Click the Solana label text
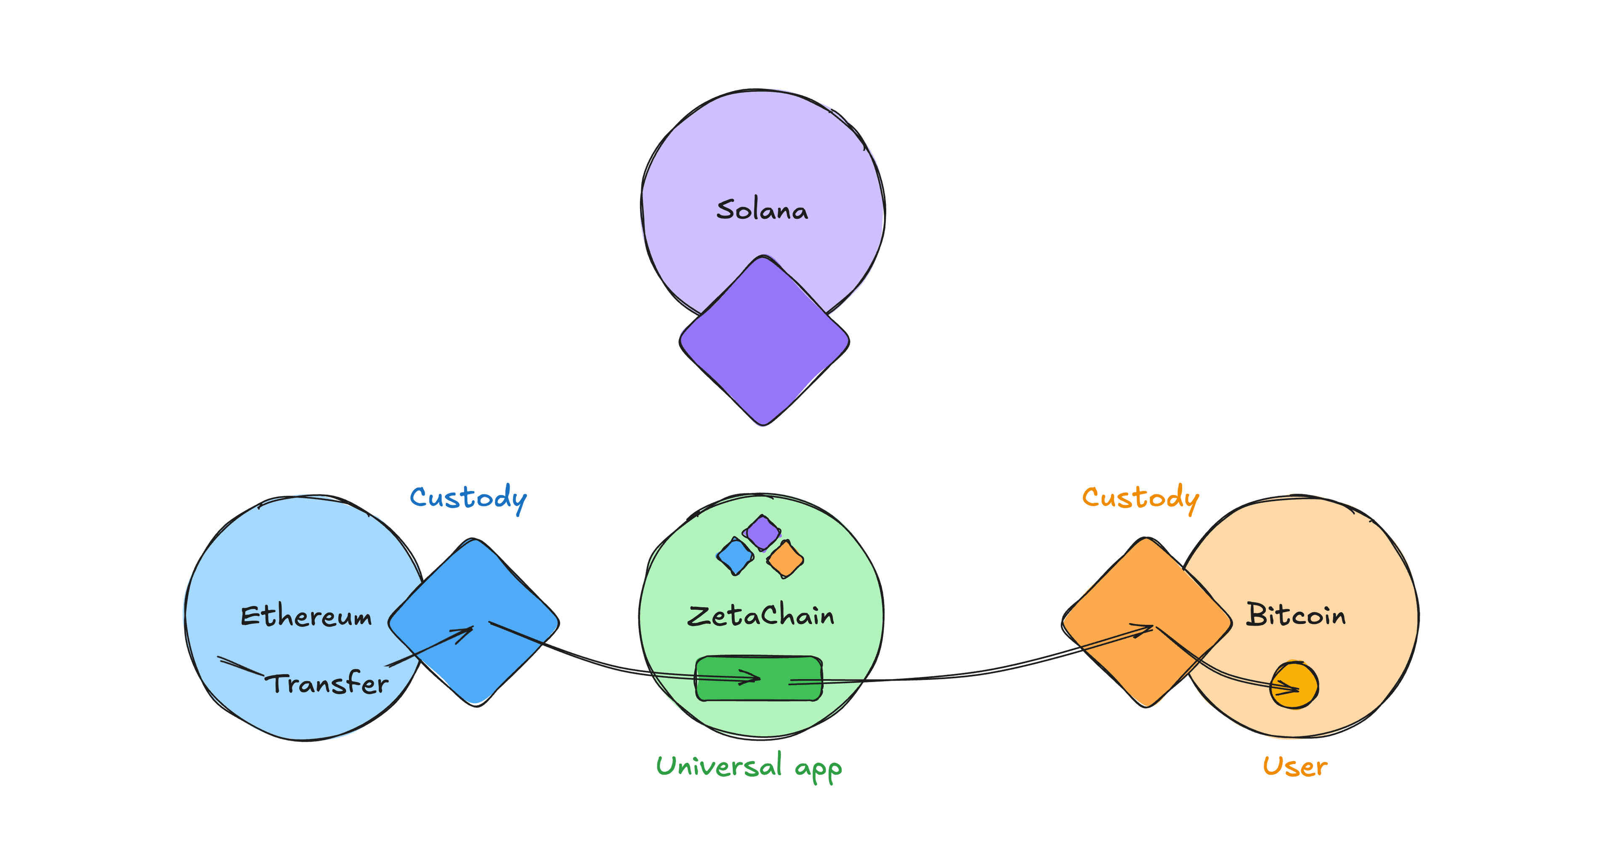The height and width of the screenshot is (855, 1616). coord(762,210)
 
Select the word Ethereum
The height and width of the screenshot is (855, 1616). coord(306,616)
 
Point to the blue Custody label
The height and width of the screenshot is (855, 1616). coord(468,498)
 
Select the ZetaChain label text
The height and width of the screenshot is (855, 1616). coord(760,616)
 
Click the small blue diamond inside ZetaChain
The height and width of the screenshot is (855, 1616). coord(735,556)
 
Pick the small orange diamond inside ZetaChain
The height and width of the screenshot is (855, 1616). coord(785,558)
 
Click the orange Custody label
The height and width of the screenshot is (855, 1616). coord(1140,498)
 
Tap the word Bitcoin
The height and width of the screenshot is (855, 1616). coord(1295,615)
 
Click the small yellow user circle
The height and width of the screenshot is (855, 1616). coord(1294,685)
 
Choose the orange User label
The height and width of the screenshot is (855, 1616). coord(1295,767)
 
